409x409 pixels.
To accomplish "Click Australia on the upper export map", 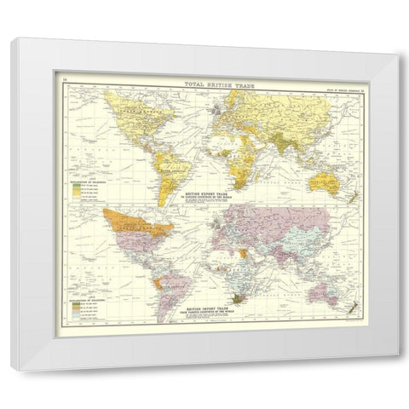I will (330, 180).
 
